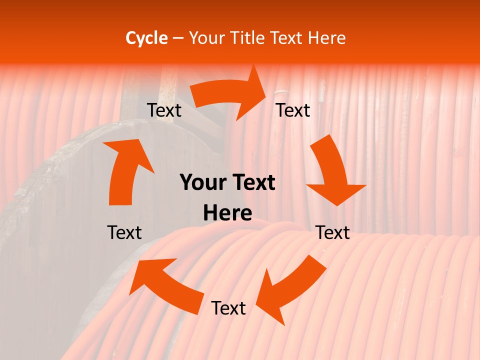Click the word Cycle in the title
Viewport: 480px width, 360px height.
[x=146, y=38]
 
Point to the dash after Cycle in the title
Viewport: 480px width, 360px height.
[x=178, y=38]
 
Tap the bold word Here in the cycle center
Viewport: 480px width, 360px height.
[x=227, y=213]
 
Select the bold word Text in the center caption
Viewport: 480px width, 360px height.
[x=252, y=183]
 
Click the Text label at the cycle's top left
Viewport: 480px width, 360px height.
[x=164, y=110]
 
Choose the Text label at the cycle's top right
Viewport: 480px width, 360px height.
[x=293, y=110]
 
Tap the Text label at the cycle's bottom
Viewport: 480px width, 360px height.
[x=228, y=308]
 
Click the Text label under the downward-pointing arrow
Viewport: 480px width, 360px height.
[x=332, y=232]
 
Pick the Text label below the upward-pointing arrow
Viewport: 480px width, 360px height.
[x=124, y=232]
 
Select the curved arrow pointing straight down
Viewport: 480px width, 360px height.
[x=332, y=172]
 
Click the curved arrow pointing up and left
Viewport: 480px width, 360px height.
[x=170, y=285]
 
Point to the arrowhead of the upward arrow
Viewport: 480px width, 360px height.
[x=127, y=152]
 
